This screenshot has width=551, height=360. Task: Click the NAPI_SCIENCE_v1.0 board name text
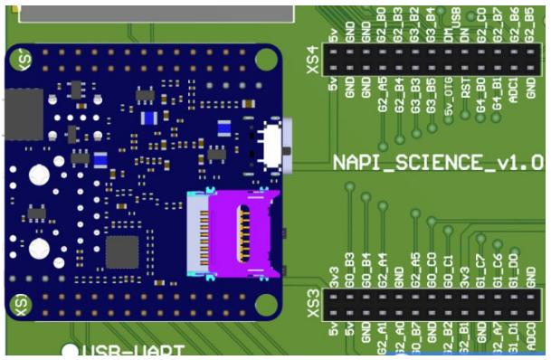[438, 163]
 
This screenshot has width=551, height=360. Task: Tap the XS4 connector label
[313, 60]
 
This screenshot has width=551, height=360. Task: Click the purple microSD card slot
[232, 232]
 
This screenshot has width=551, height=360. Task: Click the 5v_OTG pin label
[449, 100]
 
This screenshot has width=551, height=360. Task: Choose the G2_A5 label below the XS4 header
[383, 96]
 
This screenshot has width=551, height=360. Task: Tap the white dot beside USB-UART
[69, 351]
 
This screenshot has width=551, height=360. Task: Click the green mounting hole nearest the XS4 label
[266, 59]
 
